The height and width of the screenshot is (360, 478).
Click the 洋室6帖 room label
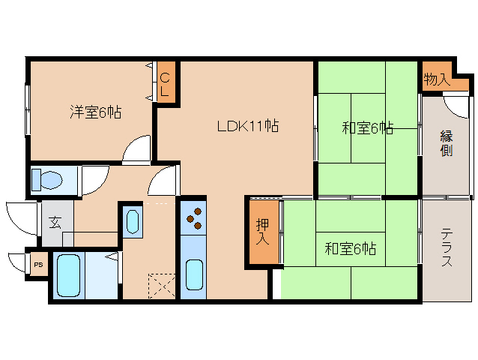96,112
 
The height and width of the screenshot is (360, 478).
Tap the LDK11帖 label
248,126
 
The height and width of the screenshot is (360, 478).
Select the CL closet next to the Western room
166,82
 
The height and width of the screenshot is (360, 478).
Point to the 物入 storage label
437,79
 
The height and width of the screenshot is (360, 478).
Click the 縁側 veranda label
447,143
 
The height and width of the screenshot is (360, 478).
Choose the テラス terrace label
447,247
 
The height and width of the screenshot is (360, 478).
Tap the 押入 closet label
262,232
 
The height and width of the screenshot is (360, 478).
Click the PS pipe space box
39,265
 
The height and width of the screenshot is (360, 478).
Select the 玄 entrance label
55,223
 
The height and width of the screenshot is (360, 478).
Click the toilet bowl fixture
47,179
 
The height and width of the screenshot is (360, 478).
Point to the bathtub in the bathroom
69,275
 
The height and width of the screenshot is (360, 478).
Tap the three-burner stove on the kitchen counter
193,218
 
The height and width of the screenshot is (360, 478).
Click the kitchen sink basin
194,274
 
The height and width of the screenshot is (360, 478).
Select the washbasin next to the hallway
133,221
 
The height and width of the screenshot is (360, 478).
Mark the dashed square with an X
162,286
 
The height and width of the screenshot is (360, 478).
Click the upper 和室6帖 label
367,128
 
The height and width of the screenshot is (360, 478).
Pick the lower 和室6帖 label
351,249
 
